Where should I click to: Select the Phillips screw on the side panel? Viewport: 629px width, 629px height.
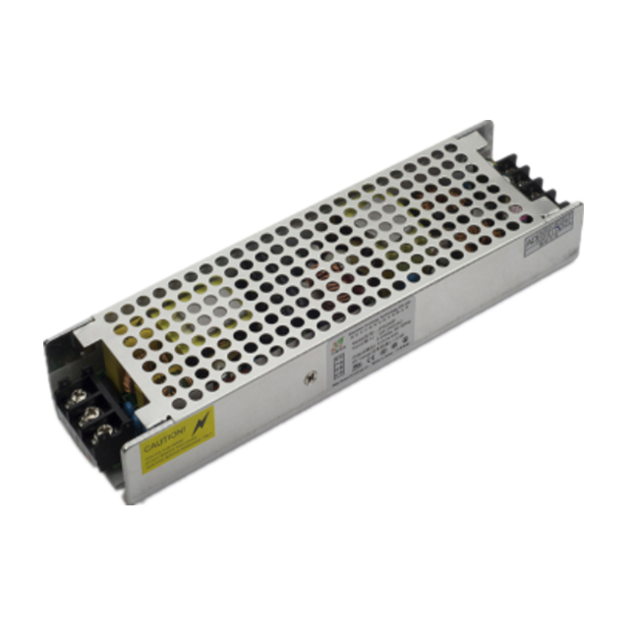pyautogui.click(x=314, y=378)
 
